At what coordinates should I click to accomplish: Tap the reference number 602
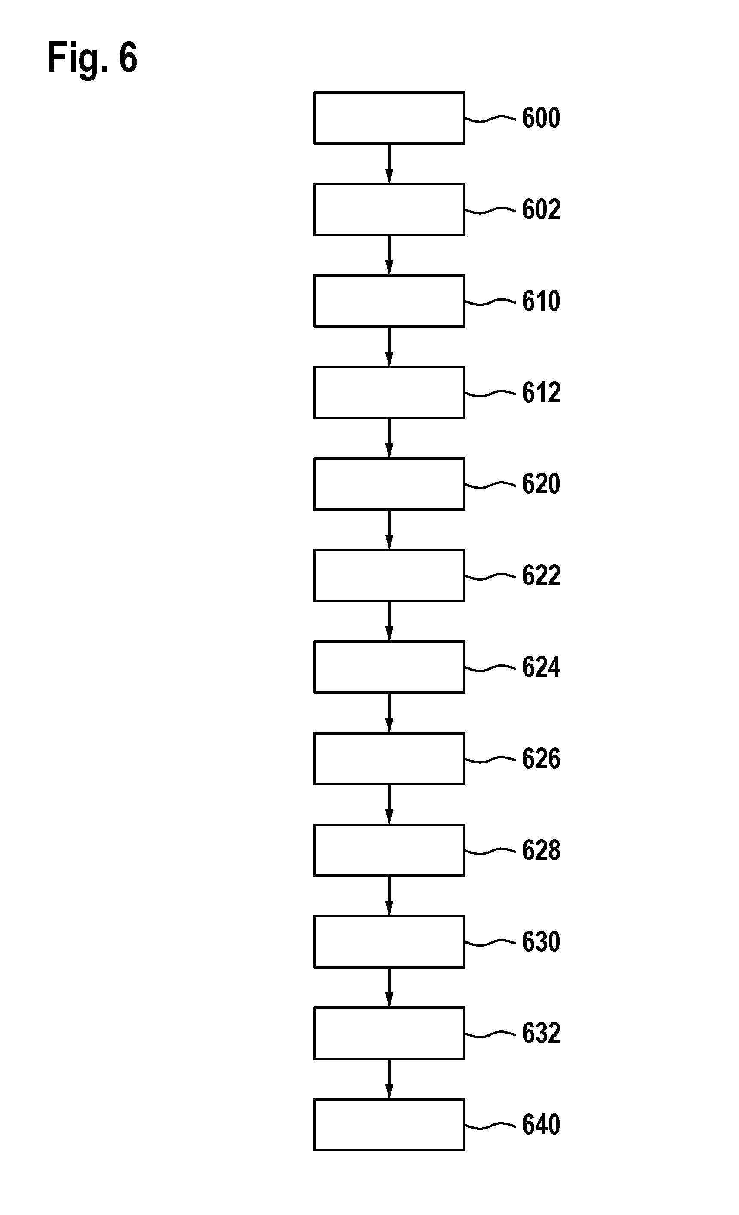(x=541, y=209)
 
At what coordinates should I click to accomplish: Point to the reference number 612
(x=541, y=393)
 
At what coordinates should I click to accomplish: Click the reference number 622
(x=541, y=575)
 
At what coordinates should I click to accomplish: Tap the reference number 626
(x=541, y=758)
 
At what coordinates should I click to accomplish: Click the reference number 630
(x=541, y=941)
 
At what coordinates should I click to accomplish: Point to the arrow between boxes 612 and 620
(x=389, y=438)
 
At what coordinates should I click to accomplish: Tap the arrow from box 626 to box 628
(x=389, y=804)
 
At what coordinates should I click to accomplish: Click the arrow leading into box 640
(x=389, y=1079)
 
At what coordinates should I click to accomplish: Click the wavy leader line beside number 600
(x=490, y=119)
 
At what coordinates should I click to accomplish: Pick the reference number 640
(x=541, y=1124)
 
